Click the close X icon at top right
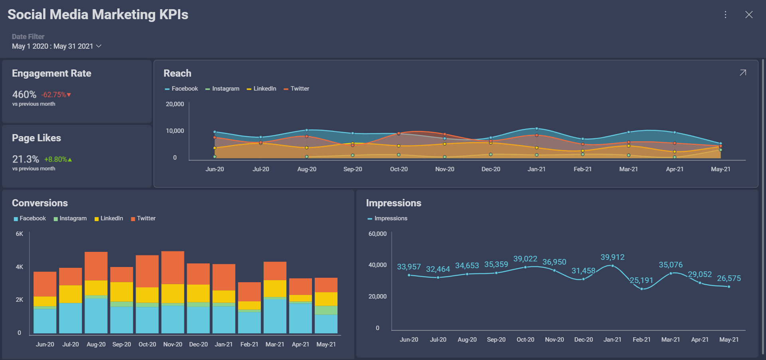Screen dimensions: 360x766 749,15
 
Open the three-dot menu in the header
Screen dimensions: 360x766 725,15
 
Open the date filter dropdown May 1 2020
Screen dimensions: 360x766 57,46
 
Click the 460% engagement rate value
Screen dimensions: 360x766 24,95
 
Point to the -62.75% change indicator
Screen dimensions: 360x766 56,95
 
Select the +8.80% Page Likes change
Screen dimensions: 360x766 58,159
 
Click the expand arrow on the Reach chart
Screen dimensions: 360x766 742,73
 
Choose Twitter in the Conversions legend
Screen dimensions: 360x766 146,218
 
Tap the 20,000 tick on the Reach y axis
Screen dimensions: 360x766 175,104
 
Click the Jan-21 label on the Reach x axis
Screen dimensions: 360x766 536,169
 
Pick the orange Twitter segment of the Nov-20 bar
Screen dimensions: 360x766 173,267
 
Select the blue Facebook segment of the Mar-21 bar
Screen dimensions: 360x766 275,316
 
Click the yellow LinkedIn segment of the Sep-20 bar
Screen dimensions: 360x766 122,292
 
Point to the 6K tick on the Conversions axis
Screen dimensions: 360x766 20,234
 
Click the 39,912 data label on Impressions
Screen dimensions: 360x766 612,257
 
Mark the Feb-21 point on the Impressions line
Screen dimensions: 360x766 642,289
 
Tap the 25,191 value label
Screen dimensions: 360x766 641,280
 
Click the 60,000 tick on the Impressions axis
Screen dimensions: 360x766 377,234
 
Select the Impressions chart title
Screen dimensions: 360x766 393,203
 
